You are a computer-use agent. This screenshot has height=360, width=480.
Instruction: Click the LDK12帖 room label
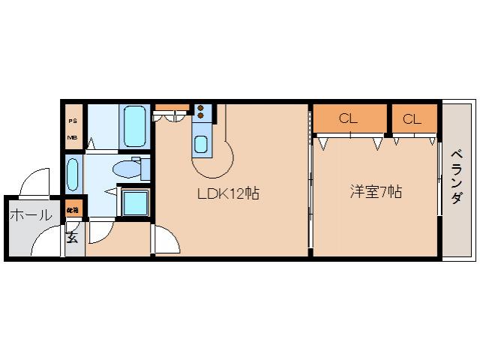coord(228,193)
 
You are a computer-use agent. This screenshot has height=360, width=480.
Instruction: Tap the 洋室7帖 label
coord(375,192)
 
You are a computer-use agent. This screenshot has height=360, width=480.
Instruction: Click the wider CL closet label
coord(348,118)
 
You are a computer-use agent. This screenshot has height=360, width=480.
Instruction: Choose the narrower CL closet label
coord(412,118)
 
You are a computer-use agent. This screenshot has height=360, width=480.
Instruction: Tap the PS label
coord(73,121)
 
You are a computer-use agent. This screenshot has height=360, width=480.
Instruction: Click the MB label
coord(73,137)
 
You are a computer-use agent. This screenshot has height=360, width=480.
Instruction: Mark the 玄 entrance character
coord(72,238)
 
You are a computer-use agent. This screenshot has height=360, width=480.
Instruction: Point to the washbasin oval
coord(72,175)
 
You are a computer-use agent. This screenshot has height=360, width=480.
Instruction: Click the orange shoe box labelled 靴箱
coord(73,210)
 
